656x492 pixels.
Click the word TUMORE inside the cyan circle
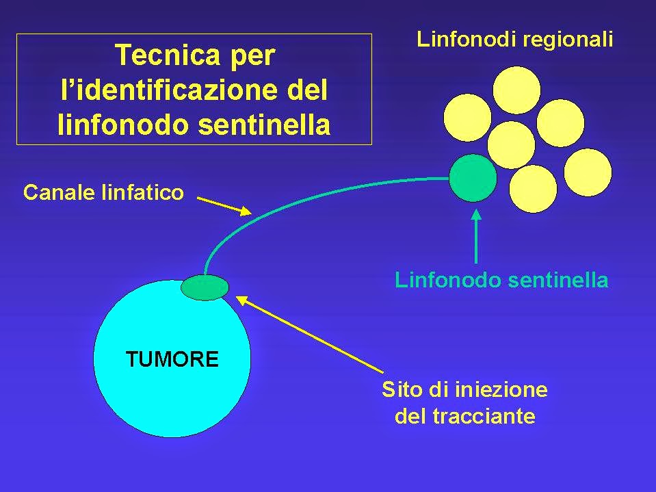click(x=172, y=359)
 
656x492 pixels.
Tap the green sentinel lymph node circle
click(x=473, y=178)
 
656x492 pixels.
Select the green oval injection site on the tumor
click(x=205, y=287)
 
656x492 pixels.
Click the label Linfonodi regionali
click(x=514, y=39)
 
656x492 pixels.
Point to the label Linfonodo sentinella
click(x=501, y=280)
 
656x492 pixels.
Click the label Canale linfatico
click(x=103, y=193)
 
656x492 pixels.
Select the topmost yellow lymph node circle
click(x=516, y=90)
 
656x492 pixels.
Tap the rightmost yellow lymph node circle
click(x=588, y=172)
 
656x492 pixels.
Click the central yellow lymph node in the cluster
click(x=511, y=144)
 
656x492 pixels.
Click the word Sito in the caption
click(x=400, y=390)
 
